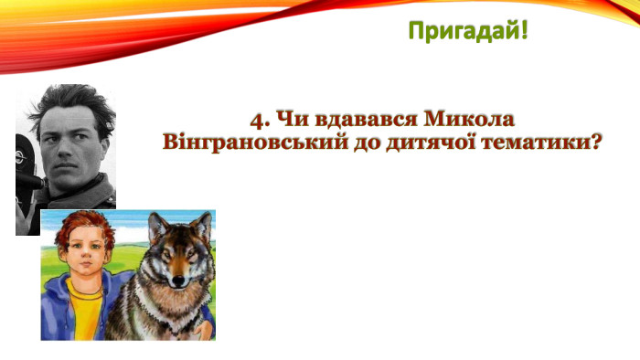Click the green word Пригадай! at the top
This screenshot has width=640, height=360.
[x=468, y=32]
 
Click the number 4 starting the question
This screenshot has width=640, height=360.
[x=256, y=121]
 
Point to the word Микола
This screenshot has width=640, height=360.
[x=464, y=121]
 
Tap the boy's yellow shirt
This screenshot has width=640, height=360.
[x=85, y=315]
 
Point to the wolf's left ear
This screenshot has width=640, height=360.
[x=155, y=224]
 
